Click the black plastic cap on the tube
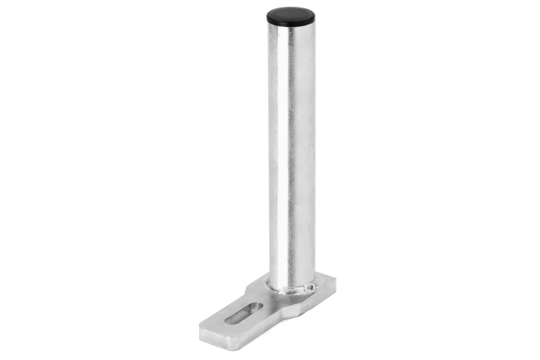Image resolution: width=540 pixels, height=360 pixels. (x=290, y=14)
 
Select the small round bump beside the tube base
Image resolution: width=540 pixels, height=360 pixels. (x=310, y=288)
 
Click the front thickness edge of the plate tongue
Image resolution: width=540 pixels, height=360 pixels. (x=216, y=339)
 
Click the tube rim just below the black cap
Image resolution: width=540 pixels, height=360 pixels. (x=290, y=25)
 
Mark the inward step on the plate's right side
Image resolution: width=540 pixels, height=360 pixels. (x=291, y=314)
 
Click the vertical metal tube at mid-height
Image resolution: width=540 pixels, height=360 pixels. (x=290, y=152)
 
